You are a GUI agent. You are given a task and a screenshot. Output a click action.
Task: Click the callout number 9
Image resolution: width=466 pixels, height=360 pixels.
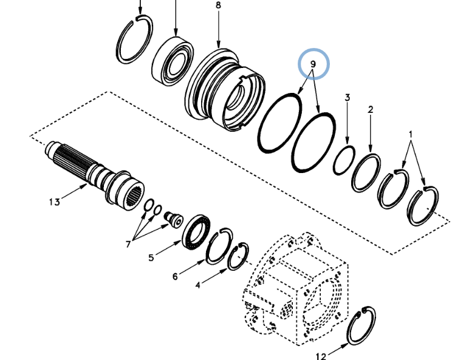[314, 64]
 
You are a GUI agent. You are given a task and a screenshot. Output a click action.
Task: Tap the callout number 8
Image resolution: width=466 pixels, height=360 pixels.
[219, 5]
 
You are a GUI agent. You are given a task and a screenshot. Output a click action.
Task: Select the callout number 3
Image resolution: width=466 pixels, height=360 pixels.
[348, 98]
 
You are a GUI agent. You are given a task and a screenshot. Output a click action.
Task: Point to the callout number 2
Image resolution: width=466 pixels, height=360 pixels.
[370, 110]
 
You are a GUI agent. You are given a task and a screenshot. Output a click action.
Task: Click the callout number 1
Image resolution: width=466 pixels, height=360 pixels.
[410, 134]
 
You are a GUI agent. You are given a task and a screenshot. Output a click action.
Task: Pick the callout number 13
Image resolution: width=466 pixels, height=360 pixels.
[55, 202]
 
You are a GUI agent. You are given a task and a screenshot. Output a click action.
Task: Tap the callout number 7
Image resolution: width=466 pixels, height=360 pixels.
[129, 244]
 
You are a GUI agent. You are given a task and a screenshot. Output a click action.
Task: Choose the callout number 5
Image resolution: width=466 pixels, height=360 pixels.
[151, 257]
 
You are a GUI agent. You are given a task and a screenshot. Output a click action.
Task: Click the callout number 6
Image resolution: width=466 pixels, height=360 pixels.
[175, 277]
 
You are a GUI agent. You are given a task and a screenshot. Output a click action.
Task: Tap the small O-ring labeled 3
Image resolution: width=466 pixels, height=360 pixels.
[344, 159]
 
